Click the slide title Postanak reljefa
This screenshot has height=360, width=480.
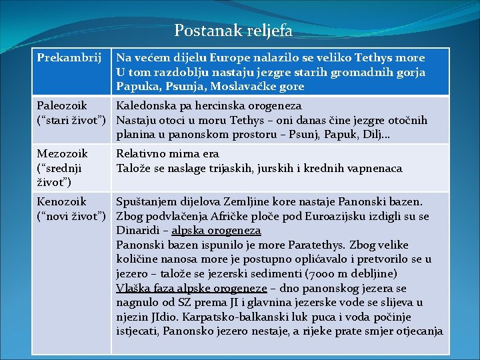coord(233,31)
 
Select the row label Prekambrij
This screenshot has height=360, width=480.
coord(64,58)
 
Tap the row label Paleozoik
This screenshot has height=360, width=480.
coord(62,106)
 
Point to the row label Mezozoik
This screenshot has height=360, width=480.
coord(62,154)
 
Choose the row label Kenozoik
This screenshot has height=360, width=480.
coord(61,201)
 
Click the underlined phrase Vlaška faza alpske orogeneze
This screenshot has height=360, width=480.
coord(191,288)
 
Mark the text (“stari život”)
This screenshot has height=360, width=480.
coord(73,121)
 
